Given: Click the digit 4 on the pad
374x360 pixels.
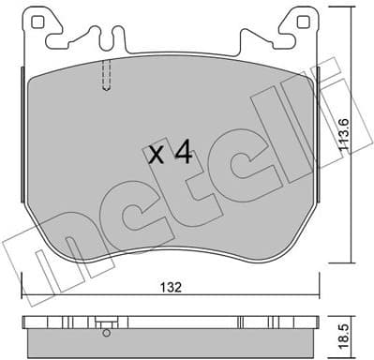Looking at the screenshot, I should point(184,154).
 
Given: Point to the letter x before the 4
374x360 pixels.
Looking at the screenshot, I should point(157,157).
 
